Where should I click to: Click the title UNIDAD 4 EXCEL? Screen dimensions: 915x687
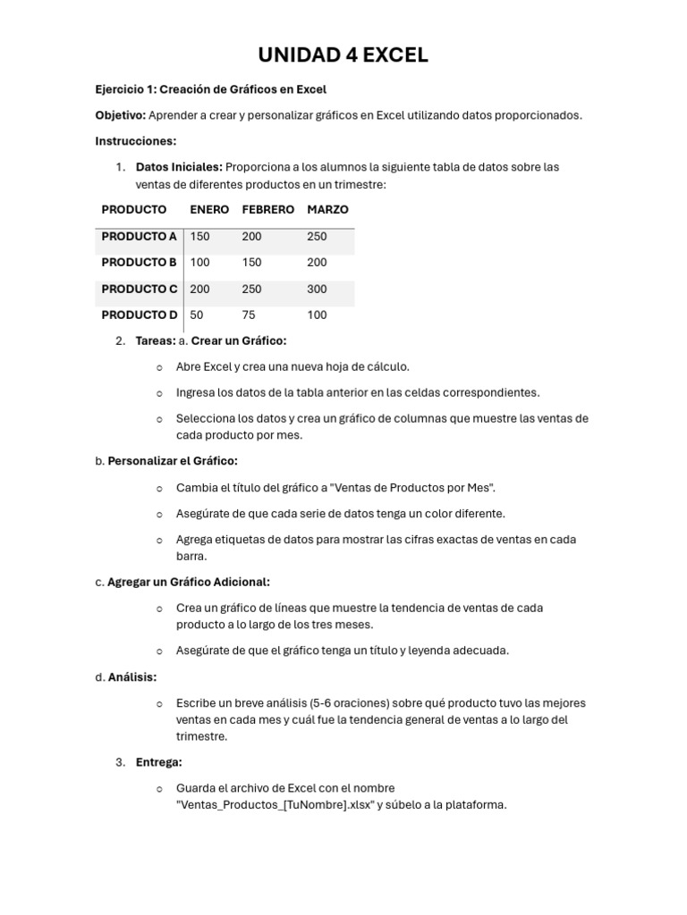point(343,55)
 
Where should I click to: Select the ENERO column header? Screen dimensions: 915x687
point(209,209)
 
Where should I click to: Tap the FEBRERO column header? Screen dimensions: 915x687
point(267,209)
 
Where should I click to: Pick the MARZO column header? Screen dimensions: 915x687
point(327,209)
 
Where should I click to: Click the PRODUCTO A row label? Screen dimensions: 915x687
point(139,237)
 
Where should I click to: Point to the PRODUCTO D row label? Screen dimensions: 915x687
point(139,315)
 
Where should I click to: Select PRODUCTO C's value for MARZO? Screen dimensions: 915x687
point(317,290)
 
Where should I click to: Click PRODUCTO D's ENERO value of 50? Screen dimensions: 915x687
point(197,315)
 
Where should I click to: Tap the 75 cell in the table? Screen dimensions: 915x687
point(248,315)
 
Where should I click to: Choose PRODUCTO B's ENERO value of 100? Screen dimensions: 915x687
point(199,263)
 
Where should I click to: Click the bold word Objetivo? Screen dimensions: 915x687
point(120,115)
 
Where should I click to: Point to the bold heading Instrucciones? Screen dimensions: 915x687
point(136,141)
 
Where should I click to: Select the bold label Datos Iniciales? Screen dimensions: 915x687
point(179,167)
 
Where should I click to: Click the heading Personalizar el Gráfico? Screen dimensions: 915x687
point(173,461)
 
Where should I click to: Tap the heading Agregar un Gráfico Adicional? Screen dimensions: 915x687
point(189,582)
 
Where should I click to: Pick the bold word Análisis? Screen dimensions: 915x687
point(132,677)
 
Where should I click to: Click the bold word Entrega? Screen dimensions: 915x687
point(158,762)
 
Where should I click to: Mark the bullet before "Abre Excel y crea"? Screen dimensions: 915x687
point(159,367)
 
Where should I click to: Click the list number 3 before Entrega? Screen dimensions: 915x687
point(120,762)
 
